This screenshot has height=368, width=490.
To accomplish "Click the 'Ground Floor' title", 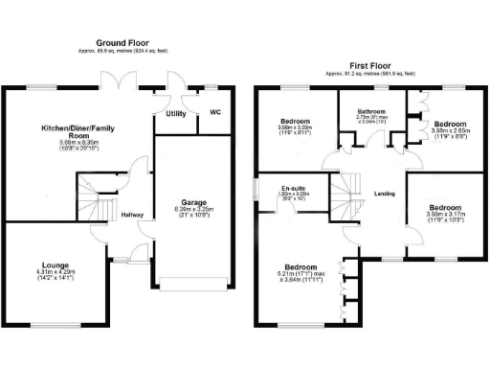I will coord(123,43).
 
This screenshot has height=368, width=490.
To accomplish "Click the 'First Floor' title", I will coord(366,64).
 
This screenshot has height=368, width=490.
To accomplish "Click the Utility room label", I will coord(175,114).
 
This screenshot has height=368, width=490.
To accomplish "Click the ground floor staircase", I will coord(95,197).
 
